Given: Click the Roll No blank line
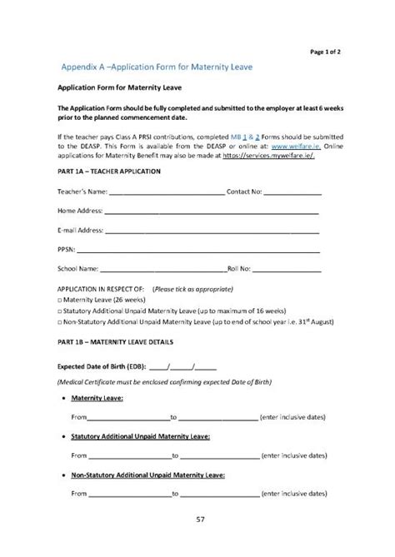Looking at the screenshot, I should click(x=287, y=269).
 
